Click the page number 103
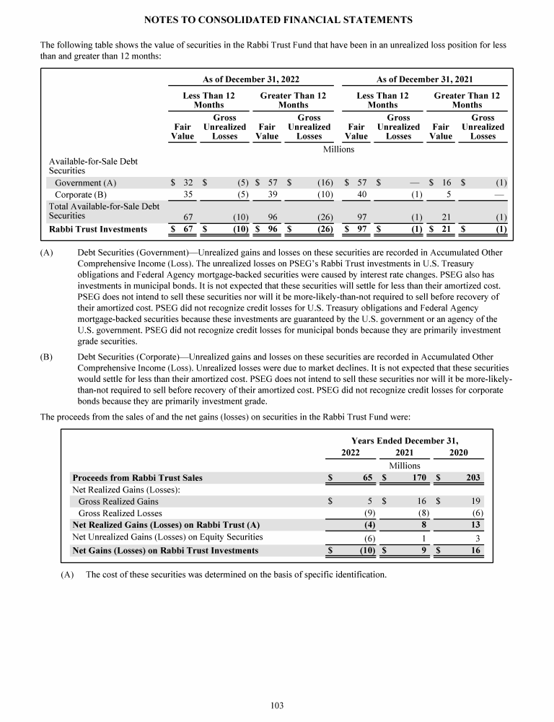click(277, 705)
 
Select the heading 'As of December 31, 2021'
click(425, 79)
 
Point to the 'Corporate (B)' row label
click(81, 194)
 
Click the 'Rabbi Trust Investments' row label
click(97, 230)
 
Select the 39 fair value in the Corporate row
click(273, 194)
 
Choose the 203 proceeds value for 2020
click(472, 478)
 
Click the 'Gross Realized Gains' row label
click(118, 501)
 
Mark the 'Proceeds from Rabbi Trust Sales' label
click(137, 478)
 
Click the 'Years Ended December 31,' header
click(404, 440)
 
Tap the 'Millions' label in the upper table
click(338, 149)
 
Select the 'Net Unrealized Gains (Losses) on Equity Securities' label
click(167, 537)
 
